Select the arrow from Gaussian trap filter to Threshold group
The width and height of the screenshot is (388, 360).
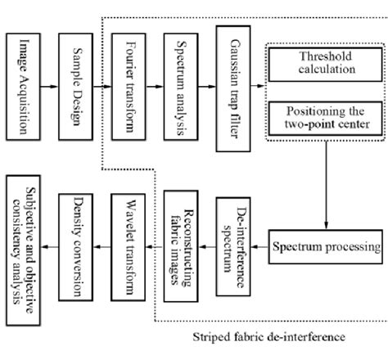[x=259, y=84]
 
